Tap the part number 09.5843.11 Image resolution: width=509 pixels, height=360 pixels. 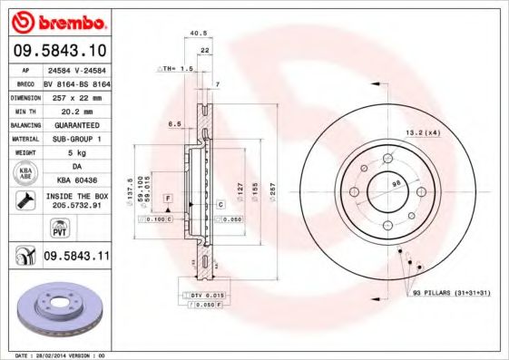pyautogui.click(x=75, y=258)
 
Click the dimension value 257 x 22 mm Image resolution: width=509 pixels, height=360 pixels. pyautogui.click(x=76, y=95)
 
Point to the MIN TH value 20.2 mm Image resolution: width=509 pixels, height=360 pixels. pyautogui.click(x=76, y=110)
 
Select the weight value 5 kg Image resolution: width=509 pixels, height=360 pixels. pyautogui.click(x=76, y=153)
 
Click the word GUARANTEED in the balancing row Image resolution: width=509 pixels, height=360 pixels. pyautogui.click(x=76, y=124)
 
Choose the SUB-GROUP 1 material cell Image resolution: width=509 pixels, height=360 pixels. pyautogui.click(x=76, y=139)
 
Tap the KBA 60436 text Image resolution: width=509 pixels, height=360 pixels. pyautogui.click(x=76, y=180)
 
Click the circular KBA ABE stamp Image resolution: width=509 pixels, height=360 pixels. pyautogui.click(x=24, y=173)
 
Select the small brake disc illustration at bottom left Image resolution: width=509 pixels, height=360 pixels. pyautogui.click(x=59, y=309)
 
